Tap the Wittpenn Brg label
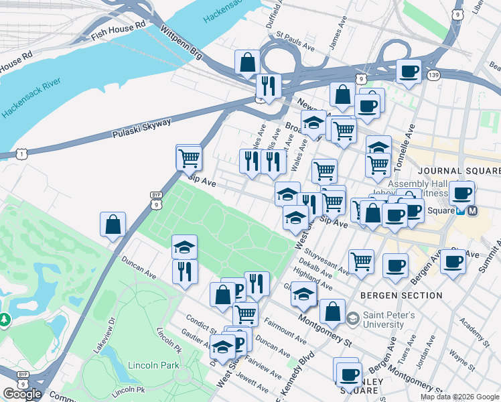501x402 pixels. click(181, 42)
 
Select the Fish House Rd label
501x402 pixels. click(118, 27)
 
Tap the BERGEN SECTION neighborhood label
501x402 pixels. click(401, 295)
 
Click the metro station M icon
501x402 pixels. click(472, 210)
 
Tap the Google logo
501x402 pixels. click(22, 394)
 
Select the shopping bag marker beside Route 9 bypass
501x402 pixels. click(113, 224)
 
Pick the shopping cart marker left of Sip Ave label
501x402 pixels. click(189, 157)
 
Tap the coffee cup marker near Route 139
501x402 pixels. click(409, 71)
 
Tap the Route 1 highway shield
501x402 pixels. click(23, 155)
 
